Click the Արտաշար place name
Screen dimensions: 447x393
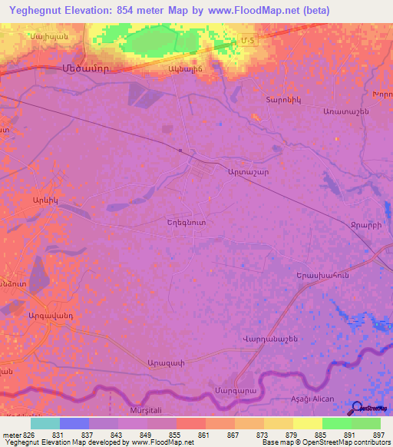(x=246, y=174)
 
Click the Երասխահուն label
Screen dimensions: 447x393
(x=322, y=275)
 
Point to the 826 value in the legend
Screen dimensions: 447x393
(x=30, y=435)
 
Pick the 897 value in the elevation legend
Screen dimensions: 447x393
(x=379, y=435)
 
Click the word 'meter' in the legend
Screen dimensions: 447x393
(x=10, y=435)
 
